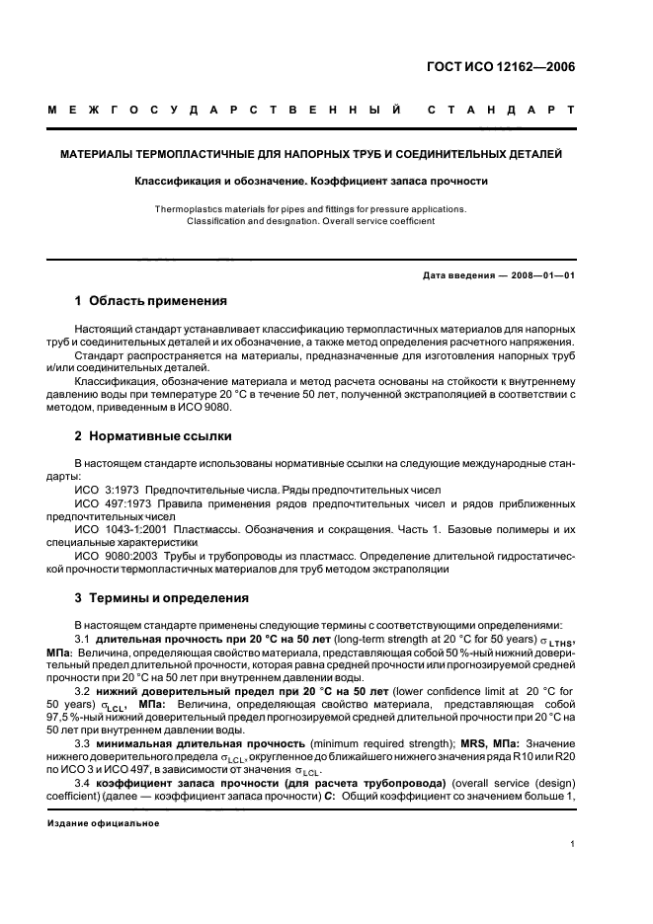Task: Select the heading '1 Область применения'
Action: click(151, 300)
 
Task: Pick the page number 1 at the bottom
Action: click(573, 844)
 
